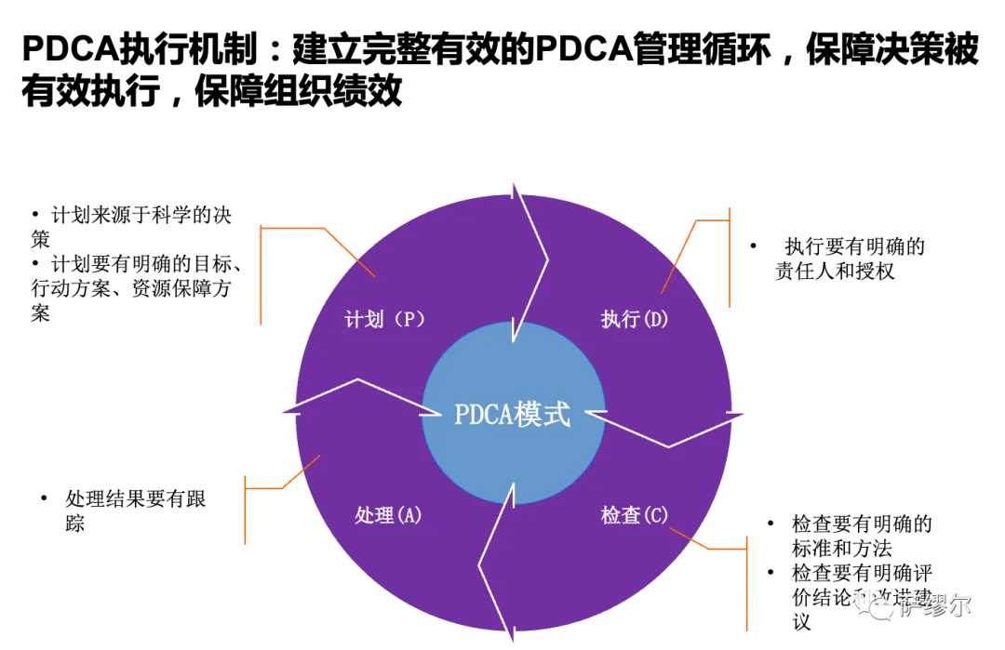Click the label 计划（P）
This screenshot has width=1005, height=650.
(385, 320)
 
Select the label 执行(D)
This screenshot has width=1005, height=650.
(635, 320)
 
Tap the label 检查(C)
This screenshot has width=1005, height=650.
(635, 515)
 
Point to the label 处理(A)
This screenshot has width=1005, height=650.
(389, 515)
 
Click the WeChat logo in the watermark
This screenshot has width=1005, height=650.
(873, 604)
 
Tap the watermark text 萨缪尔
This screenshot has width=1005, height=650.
(935, 605)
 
